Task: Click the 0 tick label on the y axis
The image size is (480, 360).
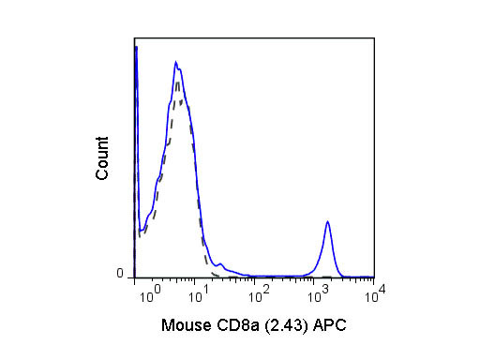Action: tap(120, 274)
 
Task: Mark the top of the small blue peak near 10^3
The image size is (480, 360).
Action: tap(327, 221)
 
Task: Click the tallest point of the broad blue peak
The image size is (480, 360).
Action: tap(175, 63)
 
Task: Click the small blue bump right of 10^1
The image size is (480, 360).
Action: tap(220, 263)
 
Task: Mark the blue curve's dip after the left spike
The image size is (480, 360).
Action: tap(141, 230)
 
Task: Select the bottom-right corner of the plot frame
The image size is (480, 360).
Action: tap(375, 277)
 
